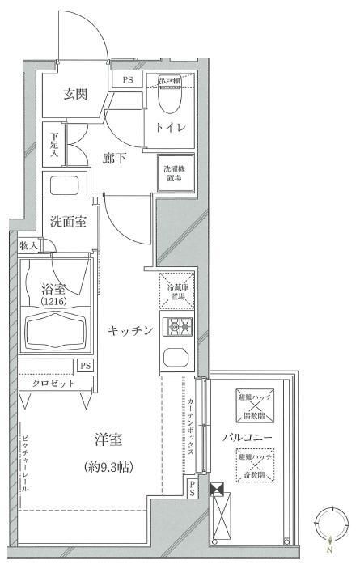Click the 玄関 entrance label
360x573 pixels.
tap(76, 94)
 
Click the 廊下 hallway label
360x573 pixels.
tap(113, 159)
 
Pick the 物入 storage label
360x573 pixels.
tap(29, 245)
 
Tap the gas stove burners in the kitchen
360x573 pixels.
tap(176, 328)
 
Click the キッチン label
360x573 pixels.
tap(130, 329)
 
